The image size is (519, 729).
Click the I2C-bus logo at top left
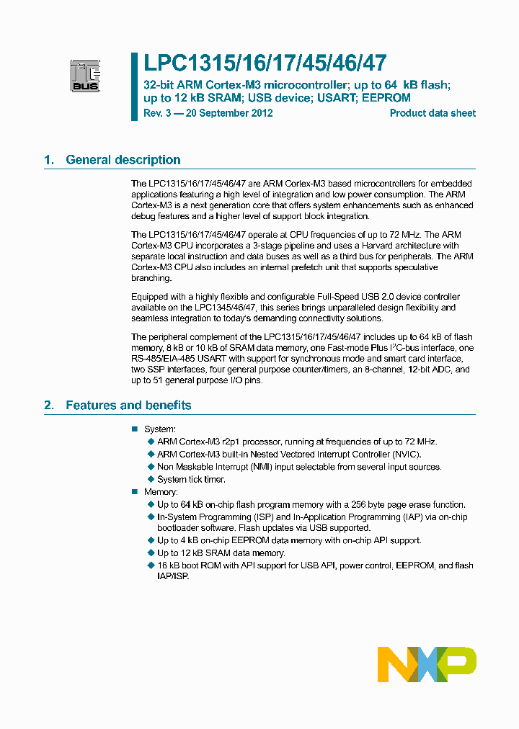pos(85,76)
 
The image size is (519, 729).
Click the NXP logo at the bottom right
pos(427,664)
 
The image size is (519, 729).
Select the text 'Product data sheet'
pos(432,113)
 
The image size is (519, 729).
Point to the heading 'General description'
pos(123,160)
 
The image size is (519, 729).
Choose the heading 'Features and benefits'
pos(128,405)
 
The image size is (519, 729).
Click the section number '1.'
pos(49,160)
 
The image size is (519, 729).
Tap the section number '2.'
pos(49,405)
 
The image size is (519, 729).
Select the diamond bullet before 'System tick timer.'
pos(151,479)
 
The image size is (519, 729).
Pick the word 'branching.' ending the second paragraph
pos(151,277)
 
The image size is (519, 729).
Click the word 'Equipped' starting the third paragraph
pos(150,297)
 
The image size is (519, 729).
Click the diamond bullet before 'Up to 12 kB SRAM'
pos(151,553)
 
